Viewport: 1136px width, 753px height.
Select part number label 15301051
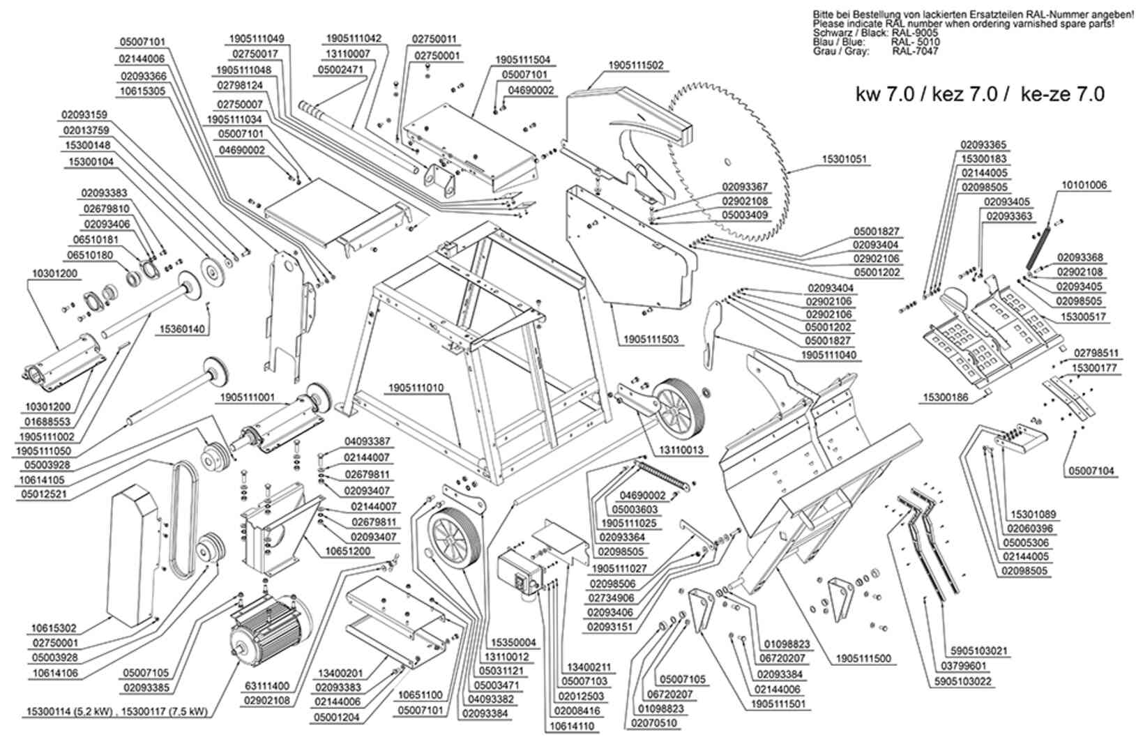[x=845, y=160]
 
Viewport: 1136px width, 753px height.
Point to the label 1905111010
[x=416, y=388]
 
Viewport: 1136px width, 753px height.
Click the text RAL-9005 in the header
[x=914, y=33]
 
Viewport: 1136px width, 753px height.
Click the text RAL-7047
[x=915, y=51]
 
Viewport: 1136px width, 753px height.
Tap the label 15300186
[x=946, y=397]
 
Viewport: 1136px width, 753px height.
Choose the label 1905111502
[x=635, y=66]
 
